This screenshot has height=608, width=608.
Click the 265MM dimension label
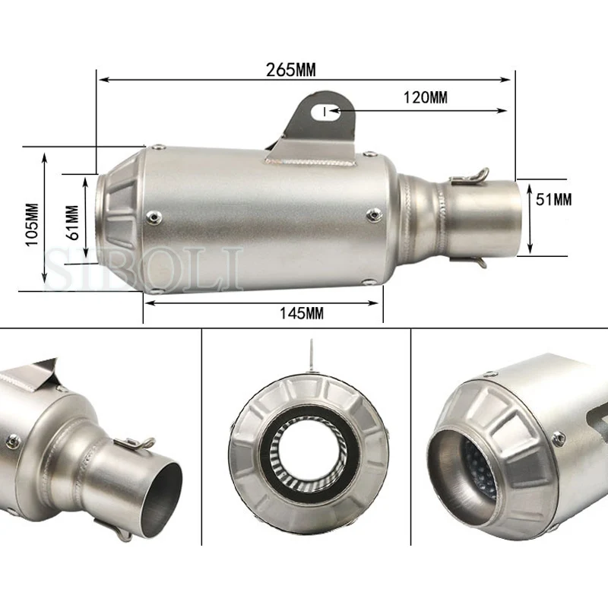point(291,70)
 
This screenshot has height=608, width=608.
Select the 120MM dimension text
point(426,97)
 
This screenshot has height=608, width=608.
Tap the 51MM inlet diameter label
point(554,200)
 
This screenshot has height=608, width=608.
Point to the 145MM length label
point(302,313)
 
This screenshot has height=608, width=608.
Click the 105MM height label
point(32,224)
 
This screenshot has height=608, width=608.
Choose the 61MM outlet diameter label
point(72,223)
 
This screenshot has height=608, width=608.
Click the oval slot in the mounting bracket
point(326,112)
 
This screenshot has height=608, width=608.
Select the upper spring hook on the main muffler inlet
point(470,176)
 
